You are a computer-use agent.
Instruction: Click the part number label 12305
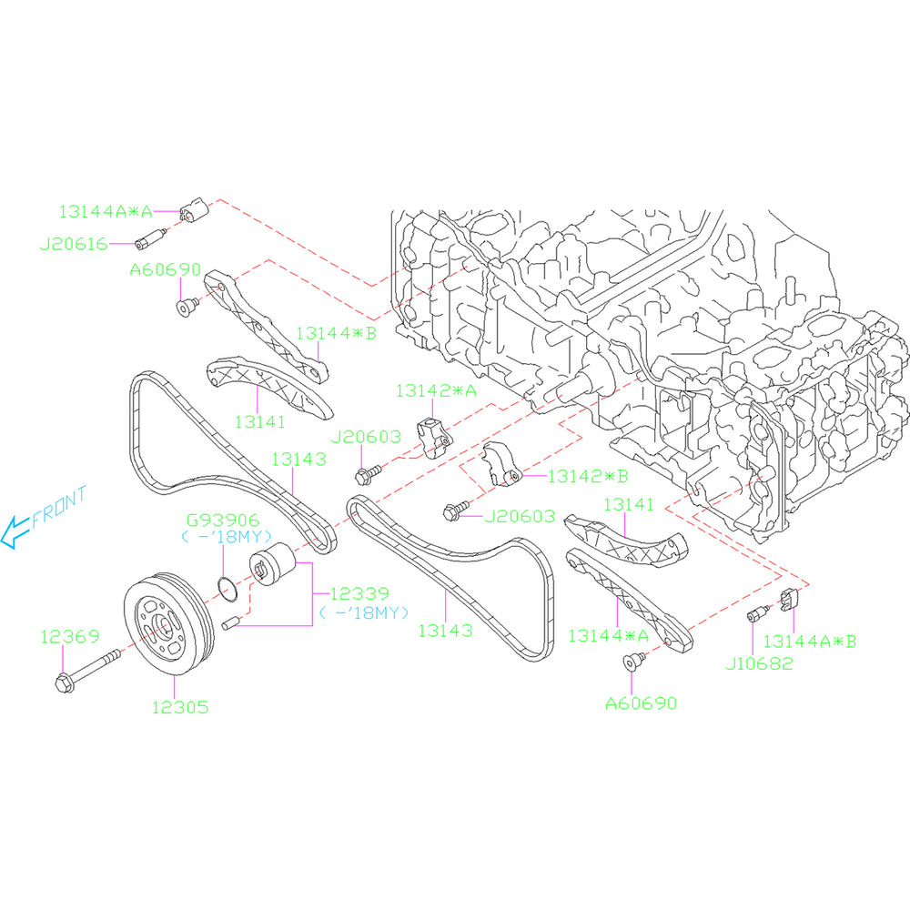tap(180, 705)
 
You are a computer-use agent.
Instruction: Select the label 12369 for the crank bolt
tap(68, 637)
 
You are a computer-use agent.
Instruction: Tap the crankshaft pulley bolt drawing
tap(86, 669)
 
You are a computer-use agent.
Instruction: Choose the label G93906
tap(224, 521)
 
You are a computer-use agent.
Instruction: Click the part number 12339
tap(359, 592)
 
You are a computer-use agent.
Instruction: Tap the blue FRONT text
tap(59, 508)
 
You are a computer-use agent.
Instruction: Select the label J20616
tap(74, 244)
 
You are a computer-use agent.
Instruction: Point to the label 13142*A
tap(436, 390)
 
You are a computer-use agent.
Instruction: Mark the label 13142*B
tap(588, 475)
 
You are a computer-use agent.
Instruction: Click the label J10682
tap(759, 663)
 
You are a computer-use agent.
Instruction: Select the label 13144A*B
tap(809, 641)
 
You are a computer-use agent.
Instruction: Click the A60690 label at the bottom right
tap(641, 703)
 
